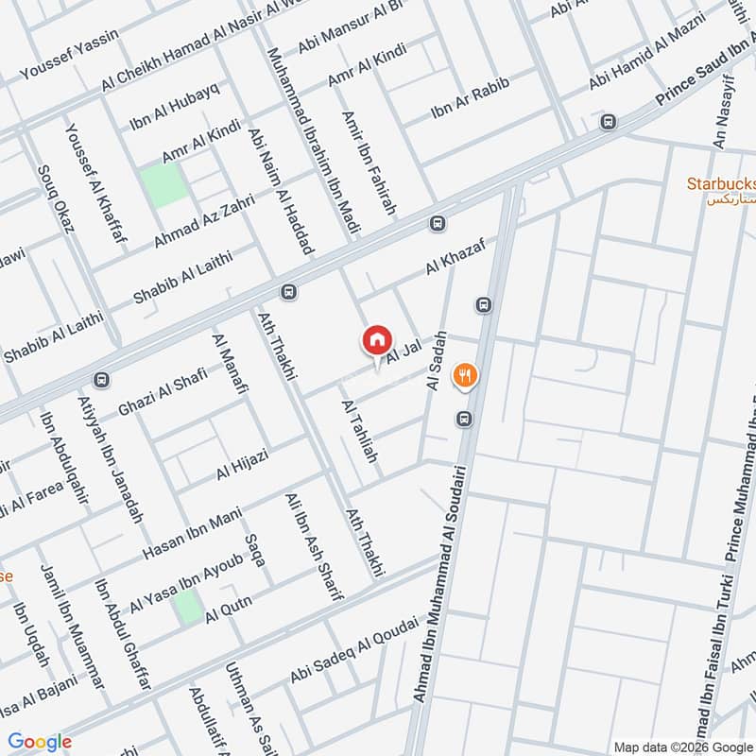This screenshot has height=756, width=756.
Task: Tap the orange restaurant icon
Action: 464,375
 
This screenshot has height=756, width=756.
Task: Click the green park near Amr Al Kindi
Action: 163,184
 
